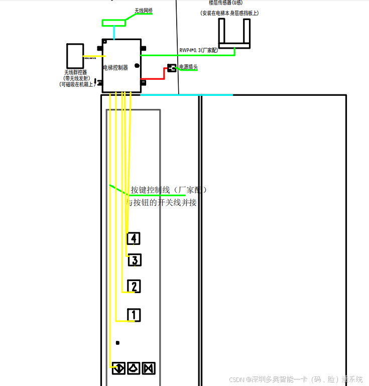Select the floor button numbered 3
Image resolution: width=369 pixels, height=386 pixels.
click(x=135, y=260)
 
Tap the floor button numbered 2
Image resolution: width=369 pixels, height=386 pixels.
click(x=134, y=286)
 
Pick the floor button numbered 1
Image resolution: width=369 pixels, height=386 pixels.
click(x=134, y=315)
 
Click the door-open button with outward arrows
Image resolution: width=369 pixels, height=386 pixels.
click(x=119, y=368)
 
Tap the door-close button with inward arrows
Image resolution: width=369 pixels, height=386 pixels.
click(x=149, y=368)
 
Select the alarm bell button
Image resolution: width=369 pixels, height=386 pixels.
click(x=134, y=368)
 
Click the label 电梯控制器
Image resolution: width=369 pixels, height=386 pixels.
click(x=115, y=67)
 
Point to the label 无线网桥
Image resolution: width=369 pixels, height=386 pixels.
click(x=143, y=10)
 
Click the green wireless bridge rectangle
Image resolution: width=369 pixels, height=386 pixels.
click(x=114, y=23)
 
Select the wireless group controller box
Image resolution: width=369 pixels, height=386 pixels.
click(x=75, y=56)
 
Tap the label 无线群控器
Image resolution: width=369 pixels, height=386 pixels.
click(x=75, y=72)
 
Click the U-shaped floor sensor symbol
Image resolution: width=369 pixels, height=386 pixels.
click(x=234, y=35)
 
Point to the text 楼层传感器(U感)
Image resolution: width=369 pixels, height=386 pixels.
click(x=225, y=3)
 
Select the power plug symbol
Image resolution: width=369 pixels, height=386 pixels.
click(x=172, y=67)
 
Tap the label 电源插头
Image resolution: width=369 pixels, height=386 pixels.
click(x=188, y=67)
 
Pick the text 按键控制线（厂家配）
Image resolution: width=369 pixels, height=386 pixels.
click(x=169, y=190)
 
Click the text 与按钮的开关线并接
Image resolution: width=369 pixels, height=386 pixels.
click(x=161, y=203)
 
